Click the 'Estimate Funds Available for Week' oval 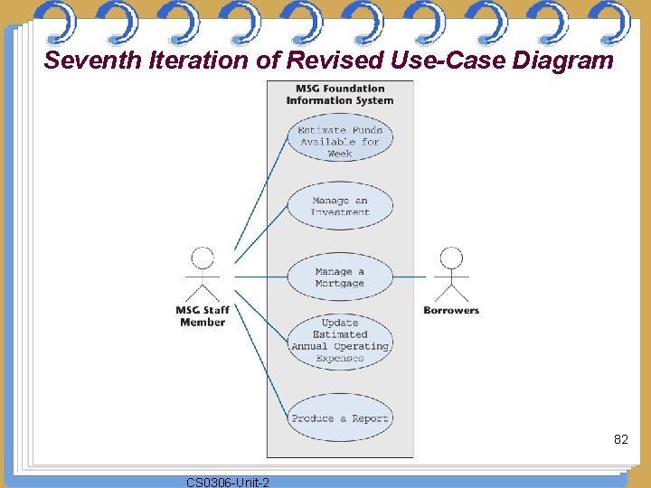pyautogui.click(x=340, y=142)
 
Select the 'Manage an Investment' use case pyautogui.click(x=340, y=206)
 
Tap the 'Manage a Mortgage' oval pyautogui.click(x=340, y=277)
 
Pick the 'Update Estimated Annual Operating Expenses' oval pyautogui.click(x=340, y=340)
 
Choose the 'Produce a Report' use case pyautogui.click(x=340, y=418)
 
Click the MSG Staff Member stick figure pyautogui.click(x=203, y=276)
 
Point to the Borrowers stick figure pyautogui.click(x=450, y=276)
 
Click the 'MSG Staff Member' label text pyautogui.click(x=203, y=316)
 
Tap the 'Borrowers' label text pyautogui.click(x=451, y=310)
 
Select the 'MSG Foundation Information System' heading pyautogui.click(x=340, y=95)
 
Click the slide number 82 pyautogui.click(x=620, y=439)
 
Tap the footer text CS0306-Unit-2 pyautogui.click(x=227, y=482)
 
